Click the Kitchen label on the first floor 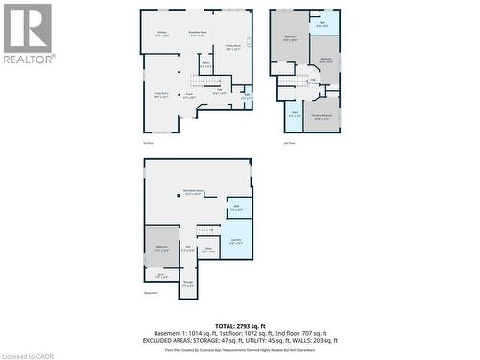click(x=162, y=35)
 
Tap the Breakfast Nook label click(x=198, y=35)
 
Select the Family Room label click(x=233, y=48)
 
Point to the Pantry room click(x=206, y=65)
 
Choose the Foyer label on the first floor click(x=190, y=95)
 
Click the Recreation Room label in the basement click(x=192, y=192)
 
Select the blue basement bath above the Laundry click(x=237, y=208)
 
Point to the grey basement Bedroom click(x=160, y=248)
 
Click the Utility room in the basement click(x=209, y=251)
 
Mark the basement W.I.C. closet click(x=160, y=276)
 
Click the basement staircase click(x=206, y=229)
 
